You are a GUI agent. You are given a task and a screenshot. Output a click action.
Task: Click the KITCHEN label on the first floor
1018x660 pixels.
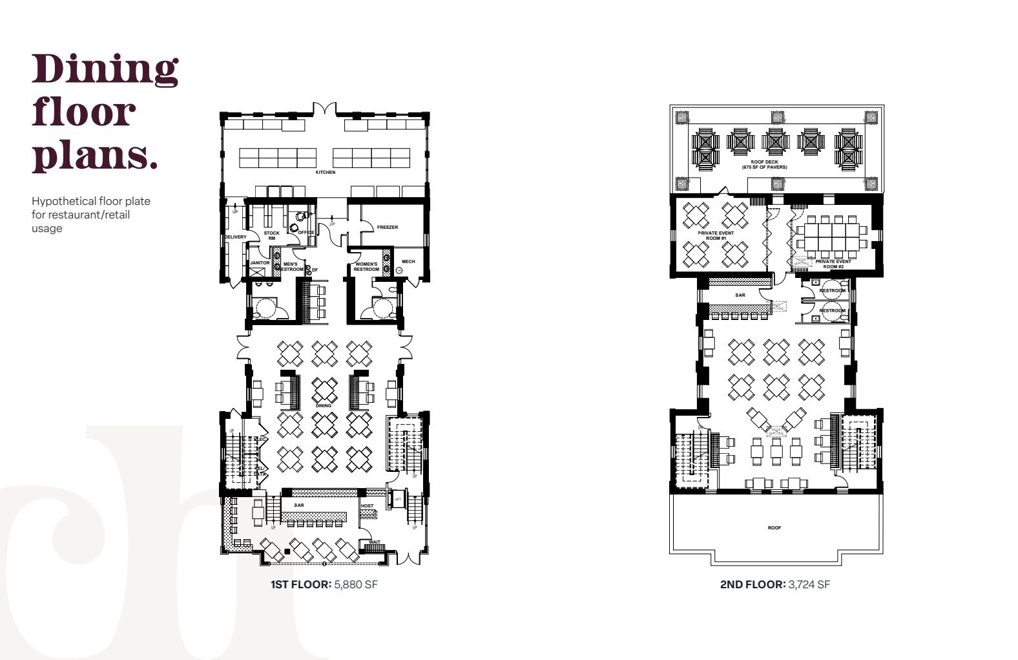326,173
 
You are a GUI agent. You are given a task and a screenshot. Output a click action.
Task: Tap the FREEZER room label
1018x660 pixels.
388,228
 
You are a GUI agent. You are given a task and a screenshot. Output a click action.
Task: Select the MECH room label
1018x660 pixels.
408,262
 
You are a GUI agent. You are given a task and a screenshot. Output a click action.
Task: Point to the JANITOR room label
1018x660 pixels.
260,263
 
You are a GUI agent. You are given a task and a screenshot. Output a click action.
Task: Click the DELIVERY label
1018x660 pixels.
236,237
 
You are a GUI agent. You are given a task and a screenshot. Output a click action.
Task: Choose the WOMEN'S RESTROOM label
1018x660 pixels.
366,266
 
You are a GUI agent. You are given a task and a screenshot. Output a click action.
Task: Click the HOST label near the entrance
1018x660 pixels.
367,506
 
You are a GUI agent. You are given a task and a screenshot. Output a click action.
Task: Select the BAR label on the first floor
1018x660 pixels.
299,506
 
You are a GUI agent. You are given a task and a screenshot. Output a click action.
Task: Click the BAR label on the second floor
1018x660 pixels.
740,295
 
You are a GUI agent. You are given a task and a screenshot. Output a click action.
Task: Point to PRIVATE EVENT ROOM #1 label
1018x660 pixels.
716,235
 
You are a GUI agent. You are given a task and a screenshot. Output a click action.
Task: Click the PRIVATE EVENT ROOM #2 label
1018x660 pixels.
833,264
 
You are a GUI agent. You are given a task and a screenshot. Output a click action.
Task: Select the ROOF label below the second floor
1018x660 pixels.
774,528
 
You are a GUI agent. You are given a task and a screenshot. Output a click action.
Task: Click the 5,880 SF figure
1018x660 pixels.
355,584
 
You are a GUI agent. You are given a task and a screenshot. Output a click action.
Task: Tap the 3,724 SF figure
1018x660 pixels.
809,584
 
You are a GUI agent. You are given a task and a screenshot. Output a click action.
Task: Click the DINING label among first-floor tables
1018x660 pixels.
324,406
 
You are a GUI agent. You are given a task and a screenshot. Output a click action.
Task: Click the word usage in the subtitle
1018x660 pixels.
47,228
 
